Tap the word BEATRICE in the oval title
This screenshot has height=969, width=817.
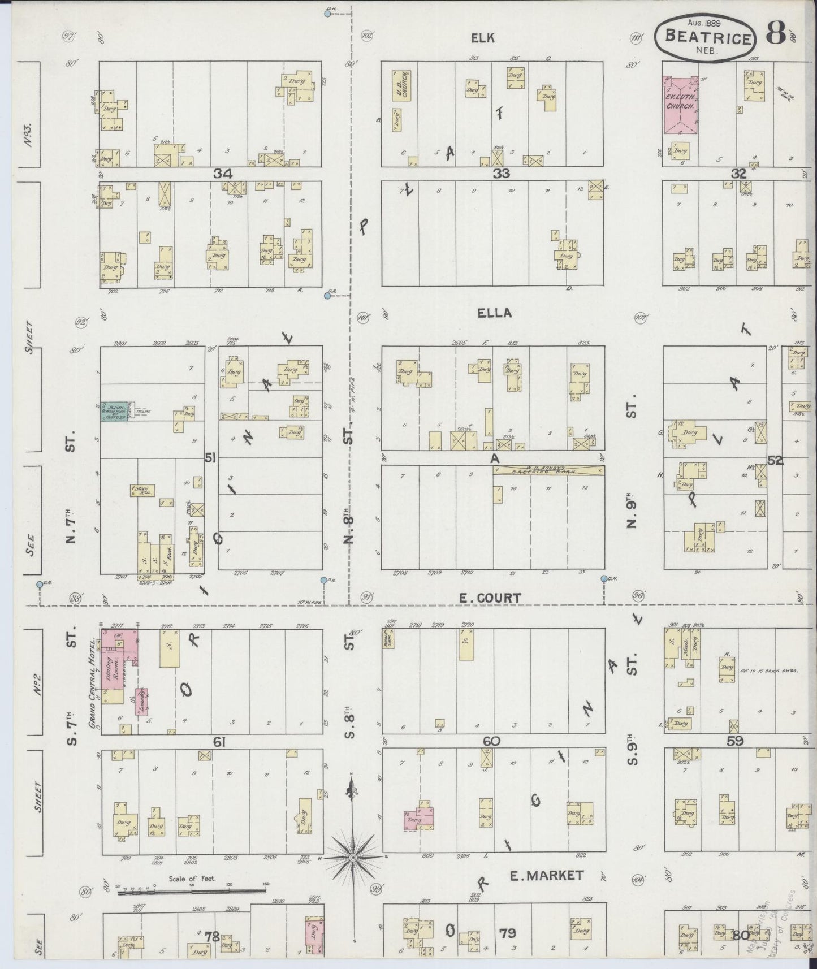[x=709, y=38]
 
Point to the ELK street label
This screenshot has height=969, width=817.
[x=483, y=38]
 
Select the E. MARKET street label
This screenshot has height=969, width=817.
[x=546, y=876]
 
